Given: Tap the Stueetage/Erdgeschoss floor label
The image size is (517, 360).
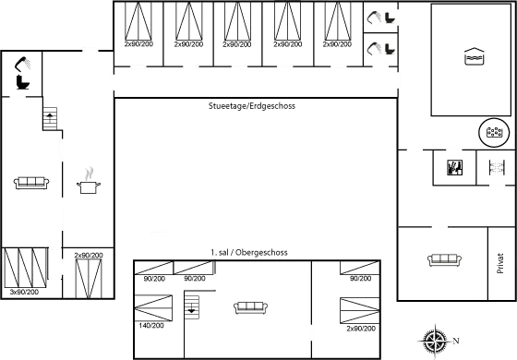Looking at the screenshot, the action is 251,106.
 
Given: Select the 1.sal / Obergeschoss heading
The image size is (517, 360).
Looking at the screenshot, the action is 249,252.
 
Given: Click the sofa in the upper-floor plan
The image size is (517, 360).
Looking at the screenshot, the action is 251,307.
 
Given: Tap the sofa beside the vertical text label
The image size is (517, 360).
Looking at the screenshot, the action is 444,259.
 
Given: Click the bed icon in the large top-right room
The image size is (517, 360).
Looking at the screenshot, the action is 472,56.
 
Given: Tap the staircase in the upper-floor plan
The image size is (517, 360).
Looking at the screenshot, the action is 191,306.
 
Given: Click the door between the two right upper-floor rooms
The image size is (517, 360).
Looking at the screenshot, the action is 310,328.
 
